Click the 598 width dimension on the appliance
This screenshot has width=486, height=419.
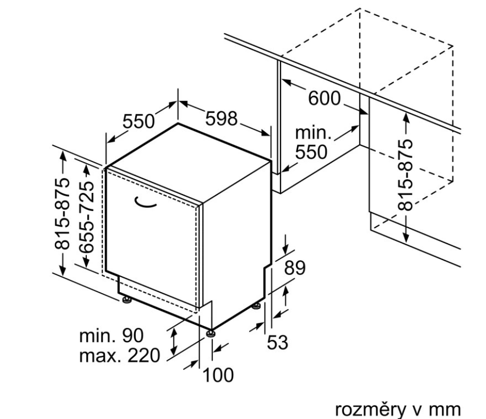pyautogui.click(x=221, y=119)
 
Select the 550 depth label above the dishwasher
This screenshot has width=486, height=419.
pyautogui.click(x=138, y=122)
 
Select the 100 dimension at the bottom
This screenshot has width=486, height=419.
pyautogui.click(x=217, y=375)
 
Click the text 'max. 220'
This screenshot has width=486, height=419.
pyautogui.click(x=119, y=355)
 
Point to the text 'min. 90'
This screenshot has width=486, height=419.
pyautogui.click(x=111, y=336)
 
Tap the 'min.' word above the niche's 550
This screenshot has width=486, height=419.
pyautogui.click(x=314, y=133)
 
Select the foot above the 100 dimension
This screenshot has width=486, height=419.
pyautogui.click(x=212, y=333)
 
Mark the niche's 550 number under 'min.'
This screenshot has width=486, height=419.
pyautogui.click(x=311, y=152)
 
